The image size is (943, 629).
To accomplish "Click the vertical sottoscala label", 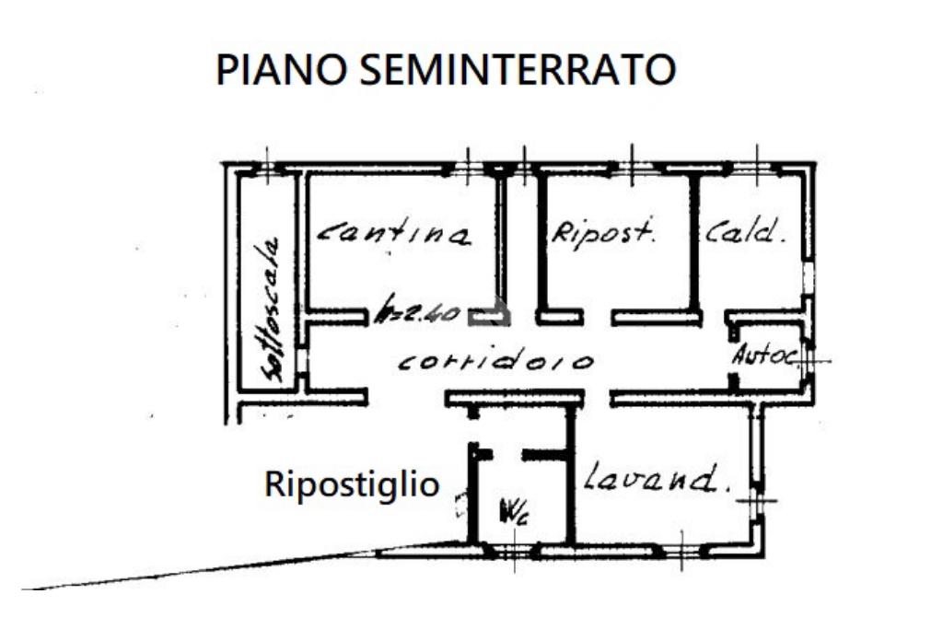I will pyautogui.click(x=272, y=309).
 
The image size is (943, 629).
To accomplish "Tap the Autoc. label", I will pyautogui.click(x=763, y=355).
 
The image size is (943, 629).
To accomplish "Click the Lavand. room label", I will pyautogui.click(x=652, y=479).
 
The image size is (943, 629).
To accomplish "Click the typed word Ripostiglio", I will pyautogui.click(x=352, y=483).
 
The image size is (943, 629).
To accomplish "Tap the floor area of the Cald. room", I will pyautogui.click(x=751, y=276).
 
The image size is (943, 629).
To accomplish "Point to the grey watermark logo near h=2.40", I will pyautogui.click(x=488, y=313).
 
